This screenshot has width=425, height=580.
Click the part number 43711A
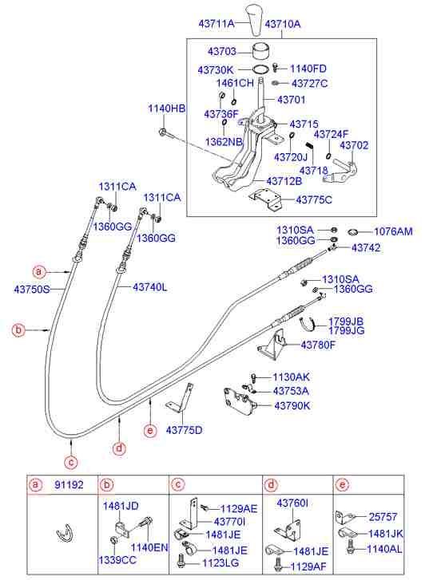point(216,25)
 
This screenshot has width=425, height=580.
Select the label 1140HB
point(165,108)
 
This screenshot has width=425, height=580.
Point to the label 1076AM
point(393,231)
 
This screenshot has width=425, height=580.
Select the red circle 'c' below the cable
point(72,460)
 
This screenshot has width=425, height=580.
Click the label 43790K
point(293,406)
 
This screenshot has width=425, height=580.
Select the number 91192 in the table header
point(67,483)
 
